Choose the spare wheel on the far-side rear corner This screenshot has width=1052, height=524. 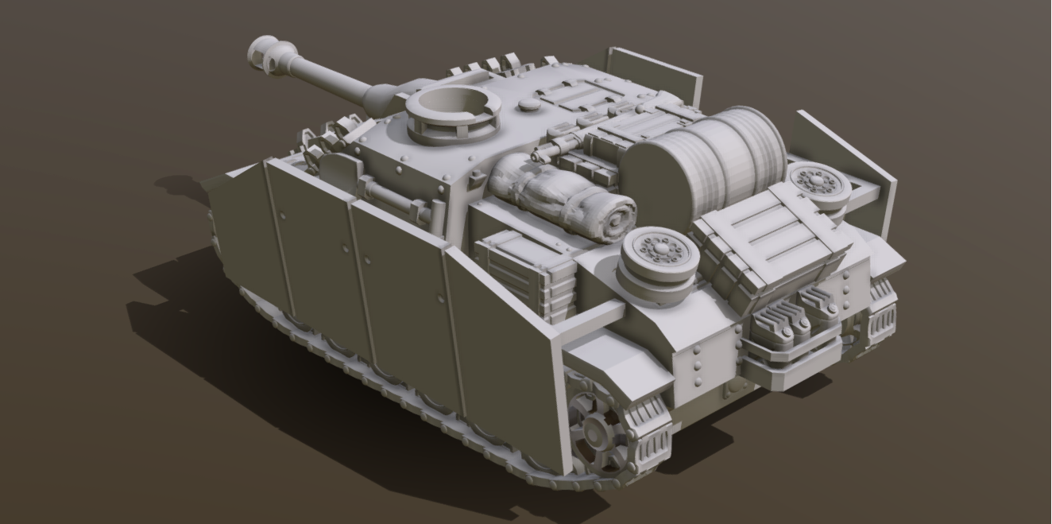point(819,185)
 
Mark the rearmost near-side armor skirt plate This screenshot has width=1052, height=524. point(509,351)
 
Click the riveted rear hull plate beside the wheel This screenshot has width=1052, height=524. point(707,358)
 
